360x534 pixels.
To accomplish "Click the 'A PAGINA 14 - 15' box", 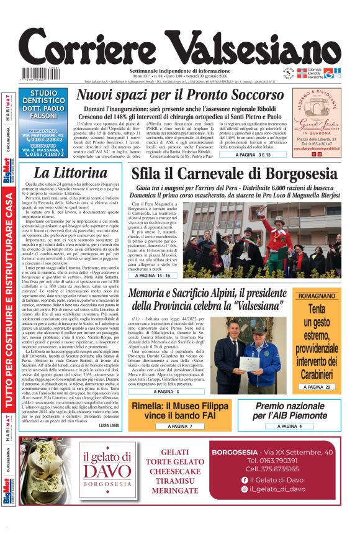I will pos(158,274).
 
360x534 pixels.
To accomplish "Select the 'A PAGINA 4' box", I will pos(288,427).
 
